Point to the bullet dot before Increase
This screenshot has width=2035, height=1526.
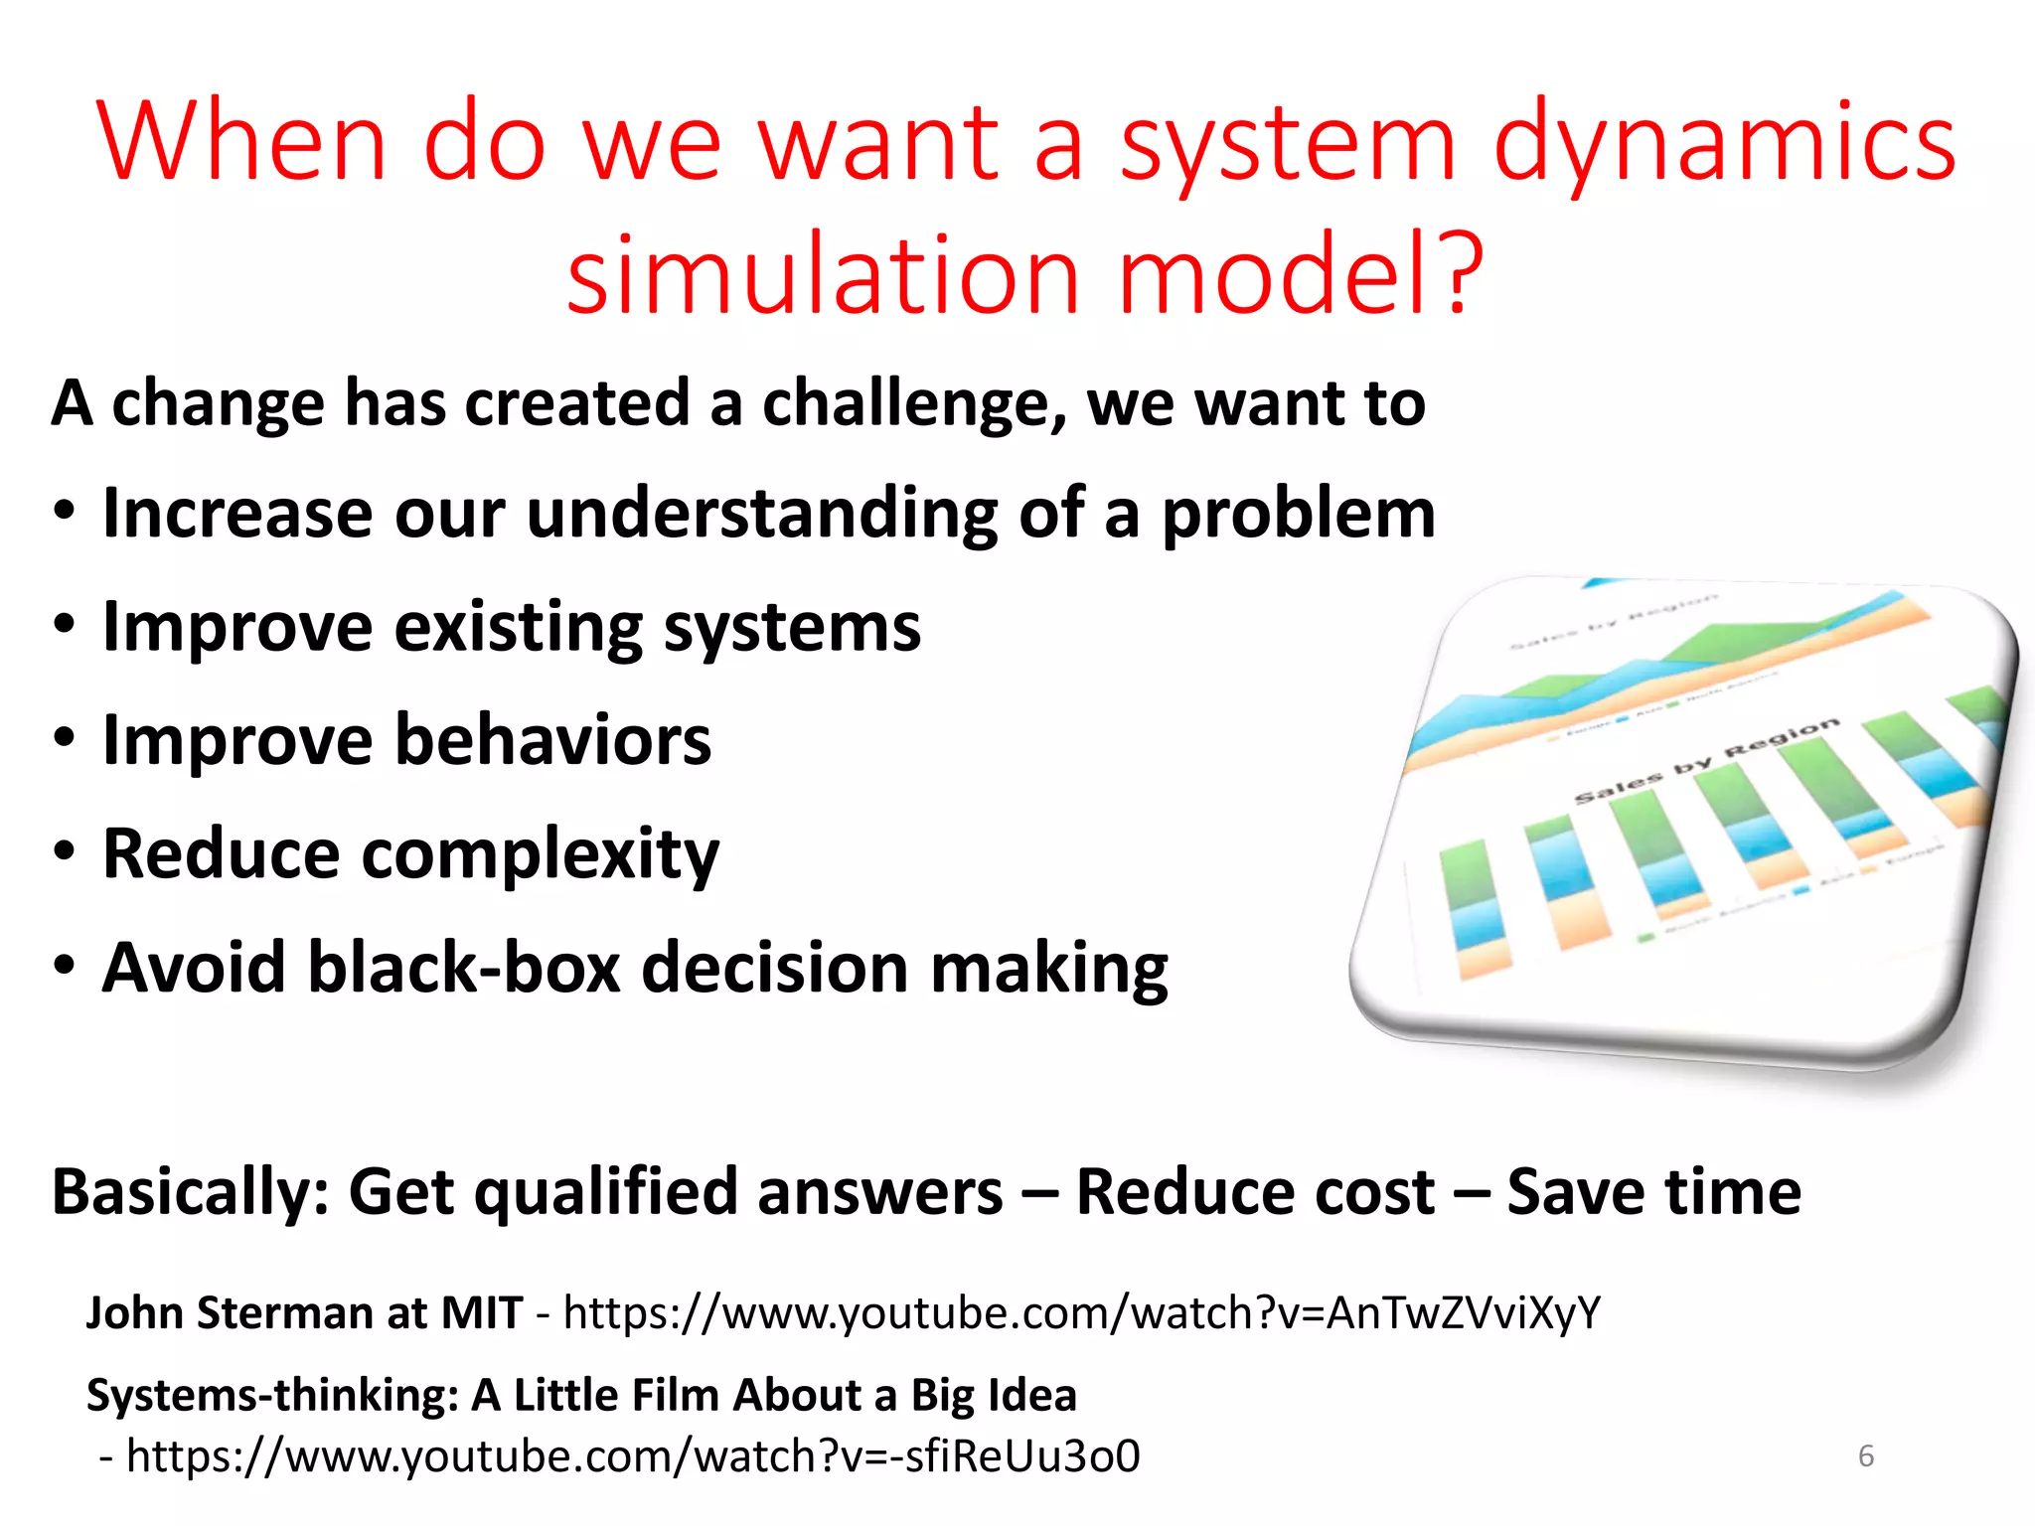tap(65, 514)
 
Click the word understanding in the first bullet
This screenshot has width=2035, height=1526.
tap(761, 514)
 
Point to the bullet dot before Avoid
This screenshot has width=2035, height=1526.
tap(65, 967)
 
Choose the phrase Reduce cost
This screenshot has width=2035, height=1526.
tap(1254, 1192)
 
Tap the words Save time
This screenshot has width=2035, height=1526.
tap(1653, 1192)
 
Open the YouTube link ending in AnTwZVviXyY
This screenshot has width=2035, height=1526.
tap(1081, 1313)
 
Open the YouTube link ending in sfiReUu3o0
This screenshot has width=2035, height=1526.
tap(633, 1456)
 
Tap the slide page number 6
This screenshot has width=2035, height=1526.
tap(1865, 1456)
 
